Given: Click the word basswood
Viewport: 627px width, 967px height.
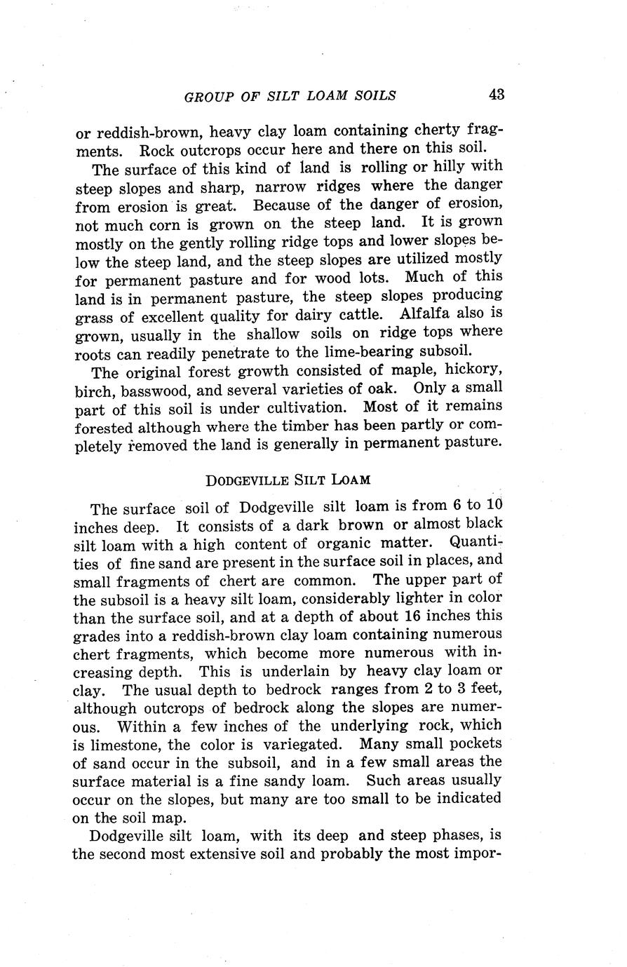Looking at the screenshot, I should [144, 388].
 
